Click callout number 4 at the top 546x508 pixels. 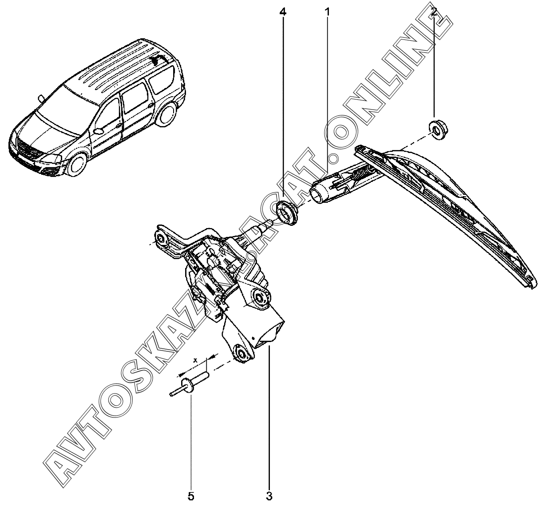283,12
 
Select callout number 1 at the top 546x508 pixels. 328,12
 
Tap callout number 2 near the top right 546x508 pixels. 434,12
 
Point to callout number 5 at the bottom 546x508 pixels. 191,496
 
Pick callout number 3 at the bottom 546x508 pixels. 269,496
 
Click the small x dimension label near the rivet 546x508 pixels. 195,361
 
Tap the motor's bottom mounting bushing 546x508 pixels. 241,353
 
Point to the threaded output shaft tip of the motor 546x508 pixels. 269,224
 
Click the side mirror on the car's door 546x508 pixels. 99,130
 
